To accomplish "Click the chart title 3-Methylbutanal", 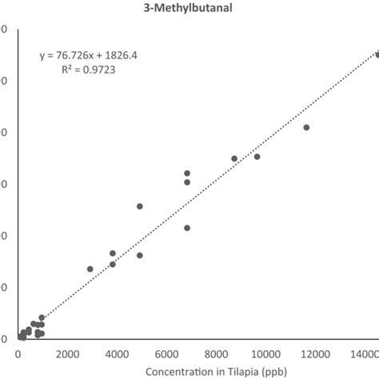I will (x=189, y=10).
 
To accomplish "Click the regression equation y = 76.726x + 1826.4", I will (x=89, y=56).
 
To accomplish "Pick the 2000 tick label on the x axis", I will (x=68, y=353).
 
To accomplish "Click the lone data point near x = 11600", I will (x=306, y=127).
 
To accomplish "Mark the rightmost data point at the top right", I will (x=377, y=54).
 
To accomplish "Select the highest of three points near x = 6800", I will (x=187, y=173).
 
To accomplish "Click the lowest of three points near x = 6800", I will (x=187, y=228).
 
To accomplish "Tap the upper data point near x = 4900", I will (x=140, y=206).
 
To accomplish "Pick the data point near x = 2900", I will (x=90, y=269).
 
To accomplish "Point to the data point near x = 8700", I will (x=234, y=158).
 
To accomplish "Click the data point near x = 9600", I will (x=257, y=157).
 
